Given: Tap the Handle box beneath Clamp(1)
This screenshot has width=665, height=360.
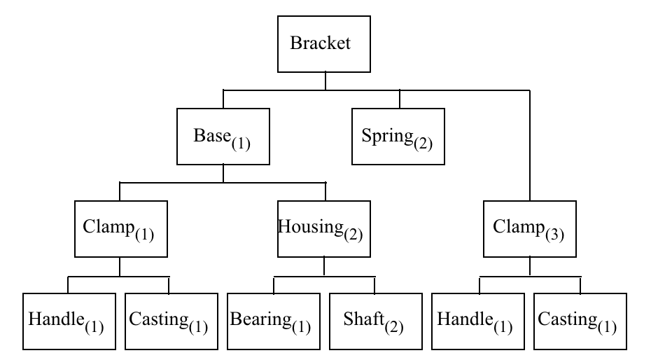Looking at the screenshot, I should tap(68, 321).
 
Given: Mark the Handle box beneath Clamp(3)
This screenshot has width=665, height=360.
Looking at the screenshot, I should tap(479, 321).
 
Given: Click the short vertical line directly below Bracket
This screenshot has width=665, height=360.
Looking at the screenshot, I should tap(325, 81).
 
